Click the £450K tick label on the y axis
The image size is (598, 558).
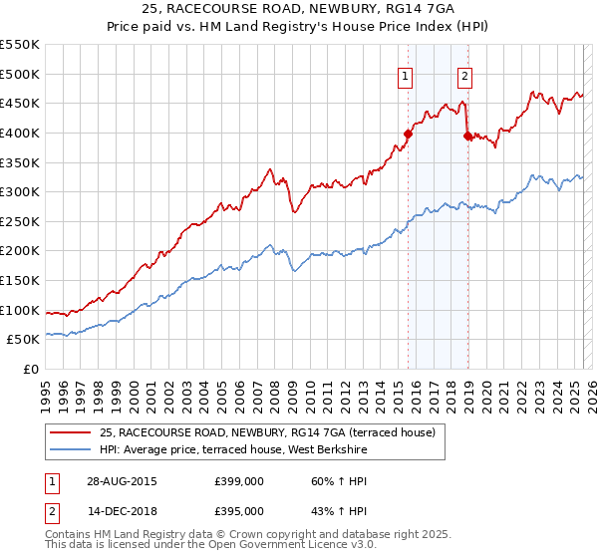(x=19, y=103)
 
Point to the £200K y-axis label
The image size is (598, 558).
(x=19, y=251)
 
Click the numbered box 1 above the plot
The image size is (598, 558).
(x=406, y=75)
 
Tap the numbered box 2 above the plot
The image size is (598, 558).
(x=465, y=75)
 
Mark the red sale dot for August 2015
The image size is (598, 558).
(x=408, y=133)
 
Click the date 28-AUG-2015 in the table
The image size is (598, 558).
(x=121, y=481)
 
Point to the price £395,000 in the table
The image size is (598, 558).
(x=239, y=511)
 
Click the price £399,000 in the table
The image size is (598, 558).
(x=239, y=481)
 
